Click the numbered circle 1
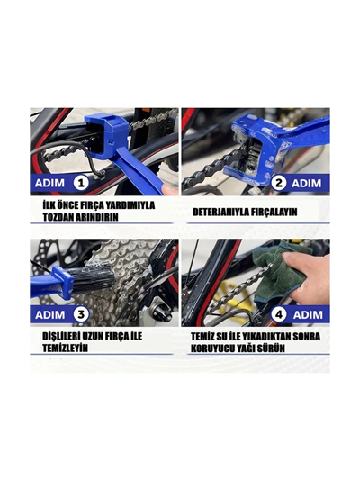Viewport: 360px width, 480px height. pyautogui.click(x=79, y=183)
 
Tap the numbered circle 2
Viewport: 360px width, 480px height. pyautogui.click(x=280, y=183)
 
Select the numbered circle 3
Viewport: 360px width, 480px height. pyautogui.click(x=79, y=314)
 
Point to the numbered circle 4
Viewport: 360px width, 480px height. pyautogui.click(x=280, y=314)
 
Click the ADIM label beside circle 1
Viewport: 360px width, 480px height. pyautogui.click(x=49, y=183)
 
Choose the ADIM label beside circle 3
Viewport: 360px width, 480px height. pyautogui.click(x=49, y=314)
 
